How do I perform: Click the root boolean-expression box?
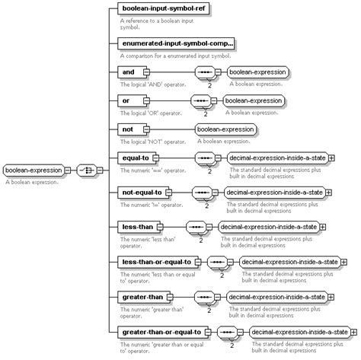point(34,170)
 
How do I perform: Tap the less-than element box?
point(138,227)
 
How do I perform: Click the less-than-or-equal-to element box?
point(156,262)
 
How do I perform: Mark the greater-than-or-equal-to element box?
point(161,332)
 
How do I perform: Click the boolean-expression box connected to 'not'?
point(226,129)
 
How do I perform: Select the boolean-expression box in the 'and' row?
point(258,72)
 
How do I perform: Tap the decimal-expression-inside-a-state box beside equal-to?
point(276,158)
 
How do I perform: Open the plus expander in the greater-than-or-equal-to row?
point(355,332)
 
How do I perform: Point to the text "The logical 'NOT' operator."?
point(152,142)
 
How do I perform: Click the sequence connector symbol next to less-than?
point(197,227)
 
